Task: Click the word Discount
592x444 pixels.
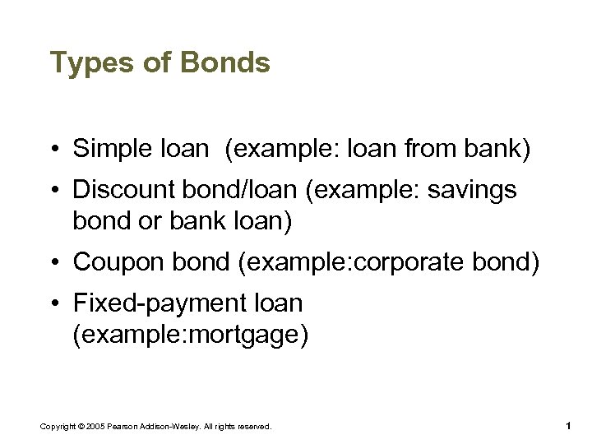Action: (x=123, y=191)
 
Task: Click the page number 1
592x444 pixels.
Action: (x=568, y=426)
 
